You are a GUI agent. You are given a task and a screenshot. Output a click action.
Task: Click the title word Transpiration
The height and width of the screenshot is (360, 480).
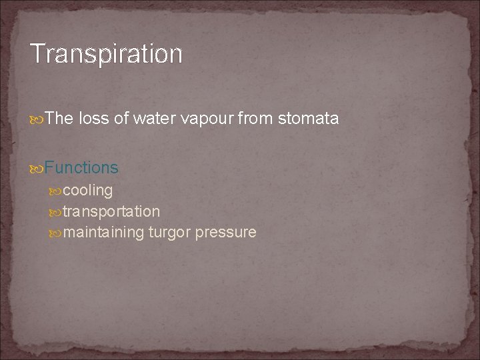click(x=106, y=53)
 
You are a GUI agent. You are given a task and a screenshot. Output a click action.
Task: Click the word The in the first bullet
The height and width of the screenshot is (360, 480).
click(x=60, y=119)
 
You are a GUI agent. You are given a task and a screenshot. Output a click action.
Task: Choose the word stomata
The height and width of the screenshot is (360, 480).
click(x=308, y=119)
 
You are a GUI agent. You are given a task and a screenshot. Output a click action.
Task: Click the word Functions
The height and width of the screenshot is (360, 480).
click(x=81, y=167)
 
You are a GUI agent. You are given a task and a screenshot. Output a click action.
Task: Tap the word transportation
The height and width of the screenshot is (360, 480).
click(x=111, y=212)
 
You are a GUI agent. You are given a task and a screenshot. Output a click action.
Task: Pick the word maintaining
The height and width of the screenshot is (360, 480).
click(x=103, y=233)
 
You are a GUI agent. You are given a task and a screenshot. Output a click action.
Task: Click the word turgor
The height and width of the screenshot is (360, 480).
click(x=169, y=233)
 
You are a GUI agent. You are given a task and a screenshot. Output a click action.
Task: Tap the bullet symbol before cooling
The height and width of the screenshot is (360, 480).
click(x=55, y=191)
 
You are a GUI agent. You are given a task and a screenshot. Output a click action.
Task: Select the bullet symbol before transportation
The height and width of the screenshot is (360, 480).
click(x=55, y=213)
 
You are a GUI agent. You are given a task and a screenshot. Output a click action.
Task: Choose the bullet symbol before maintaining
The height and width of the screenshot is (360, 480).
click(x=55, y=233)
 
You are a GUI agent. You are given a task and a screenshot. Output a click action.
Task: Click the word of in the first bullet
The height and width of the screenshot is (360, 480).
click(x=121, y=119)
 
